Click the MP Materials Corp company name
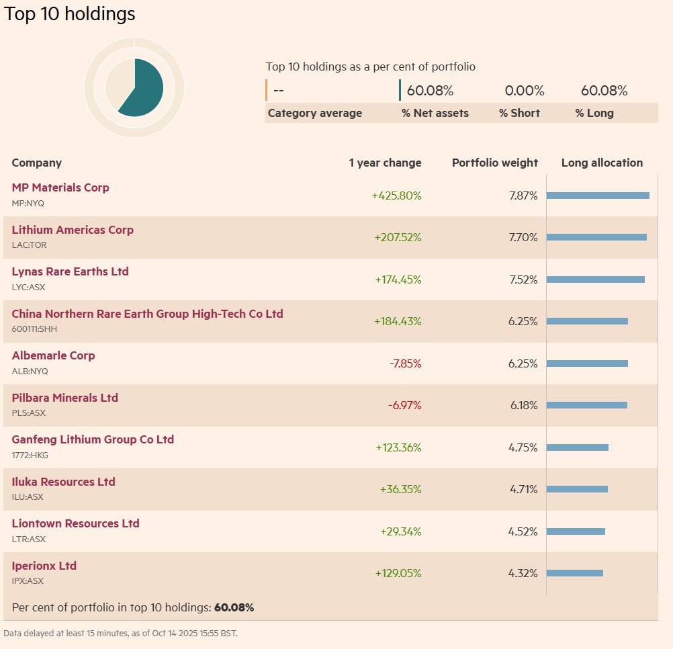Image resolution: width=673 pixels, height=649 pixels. click(60, 188)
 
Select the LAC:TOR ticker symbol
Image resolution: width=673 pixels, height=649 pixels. click(30, 245)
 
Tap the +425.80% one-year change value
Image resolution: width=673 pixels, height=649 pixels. click(396, 196)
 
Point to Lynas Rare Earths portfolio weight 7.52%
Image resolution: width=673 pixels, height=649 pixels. click(523, 280)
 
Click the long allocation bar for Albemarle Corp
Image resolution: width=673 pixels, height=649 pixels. click(587, 363)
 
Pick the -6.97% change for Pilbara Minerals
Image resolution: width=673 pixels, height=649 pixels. click(405, 406)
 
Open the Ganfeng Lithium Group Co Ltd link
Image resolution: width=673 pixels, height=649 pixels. click(93, 440)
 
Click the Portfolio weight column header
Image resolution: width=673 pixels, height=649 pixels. click(494, 163)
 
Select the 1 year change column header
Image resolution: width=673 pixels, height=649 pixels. click(385, 163)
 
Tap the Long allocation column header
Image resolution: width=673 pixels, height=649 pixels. click(602, 163)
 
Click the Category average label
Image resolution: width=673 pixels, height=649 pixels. click(314, 114)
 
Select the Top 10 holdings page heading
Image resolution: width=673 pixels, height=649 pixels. click(70, 14)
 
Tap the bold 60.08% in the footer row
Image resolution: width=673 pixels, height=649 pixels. click(234, 608)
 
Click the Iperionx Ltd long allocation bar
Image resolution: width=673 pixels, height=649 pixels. click(574, 573)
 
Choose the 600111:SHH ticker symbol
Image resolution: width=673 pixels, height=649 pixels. click(35, 329)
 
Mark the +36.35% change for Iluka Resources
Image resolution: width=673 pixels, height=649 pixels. click(400, 490)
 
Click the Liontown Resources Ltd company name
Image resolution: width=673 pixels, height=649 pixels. click(75, 524)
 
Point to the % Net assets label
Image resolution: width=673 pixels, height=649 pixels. click(435, 114)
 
